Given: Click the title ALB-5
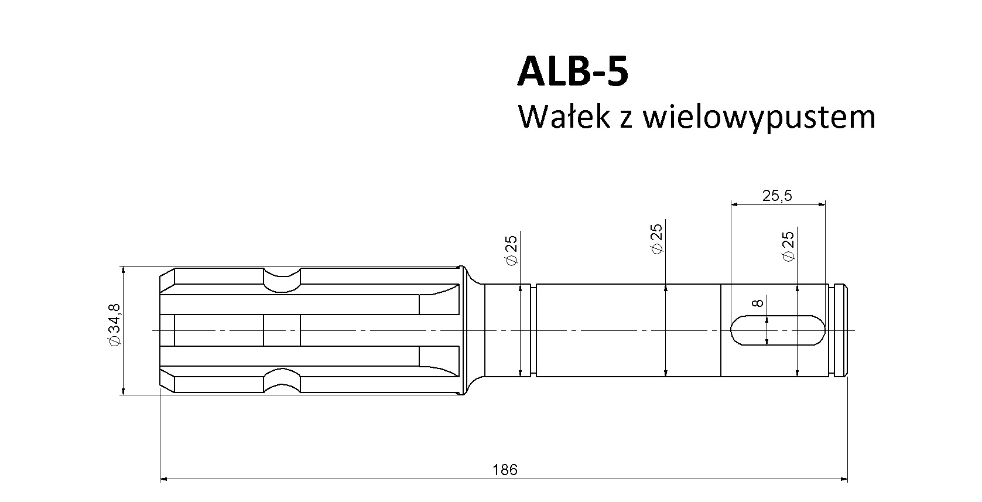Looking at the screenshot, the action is [x=573, y=71].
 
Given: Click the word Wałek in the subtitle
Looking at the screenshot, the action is [x=564, y=117].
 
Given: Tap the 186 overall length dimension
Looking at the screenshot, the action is [x=505, y=470].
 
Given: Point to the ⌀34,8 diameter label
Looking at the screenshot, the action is [x=115, y=325].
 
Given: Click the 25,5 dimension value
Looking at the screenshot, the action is [x=777, y=196].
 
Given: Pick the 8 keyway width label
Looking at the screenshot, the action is [x=758, y=302].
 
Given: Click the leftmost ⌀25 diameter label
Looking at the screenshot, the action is [x=512, y=250].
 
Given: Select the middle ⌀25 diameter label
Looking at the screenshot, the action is [x=656, y=239].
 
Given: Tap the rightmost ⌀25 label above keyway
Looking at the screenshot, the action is [x=789, y=247].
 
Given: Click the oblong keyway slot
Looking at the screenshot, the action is [x=778, y=330].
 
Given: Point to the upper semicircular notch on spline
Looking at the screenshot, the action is [x=282, y=280].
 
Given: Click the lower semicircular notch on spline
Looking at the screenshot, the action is [x=282, y=380].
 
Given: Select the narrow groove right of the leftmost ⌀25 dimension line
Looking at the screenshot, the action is [x=533, y=330].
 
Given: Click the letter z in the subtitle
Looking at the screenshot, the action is [x=626, y=120].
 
